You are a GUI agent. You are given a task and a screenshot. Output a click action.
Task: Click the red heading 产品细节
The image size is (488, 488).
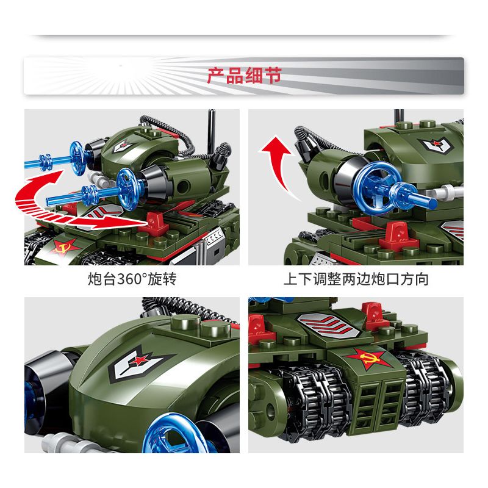point(243,76)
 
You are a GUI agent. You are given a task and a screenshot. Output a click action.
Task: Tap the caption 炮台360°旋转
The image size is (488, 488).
point(132,280)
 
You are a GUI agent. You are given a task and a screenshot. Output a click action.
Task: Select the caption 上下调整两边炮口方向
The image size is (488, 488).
point(356,280)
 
